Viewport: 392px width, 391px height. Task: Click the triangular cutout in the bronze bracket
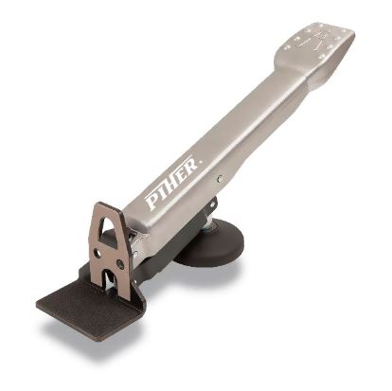pos(110,233)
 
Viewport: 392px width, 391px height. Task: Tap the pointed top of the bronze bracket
pos(104,205)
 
